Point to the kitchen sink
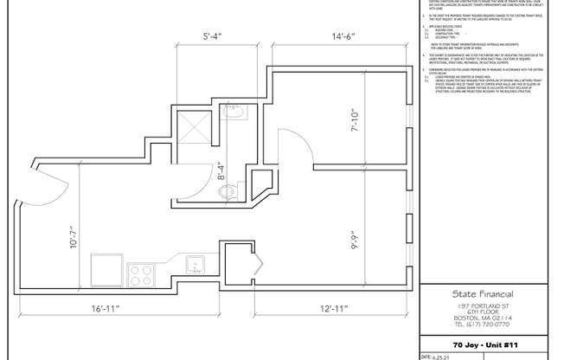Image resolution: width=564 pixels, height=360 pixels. tap(194, 265)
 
